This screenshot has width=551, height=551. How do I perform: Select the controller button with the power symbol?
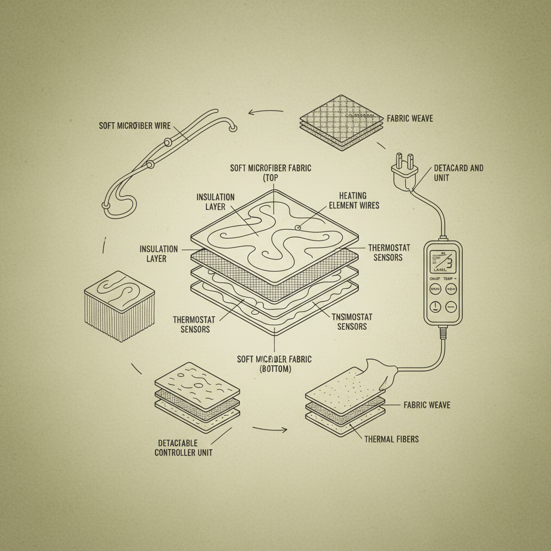(x=435, y=307)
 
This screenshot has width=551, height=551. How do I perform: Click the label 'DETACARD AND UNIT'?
(x=458, y=173)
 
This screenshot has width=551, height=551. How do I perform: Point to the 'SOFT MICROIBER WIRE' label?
(x=135, y=126)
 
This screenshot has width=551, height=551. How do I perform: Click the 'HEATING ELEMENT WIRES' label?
(x=359, y=200)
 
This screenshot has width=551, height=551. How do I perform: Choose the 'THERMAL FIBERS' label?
(x=391, y=439)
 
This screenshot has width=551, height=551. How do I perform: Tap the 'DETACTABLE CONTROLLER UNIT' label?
(x=183, y=447)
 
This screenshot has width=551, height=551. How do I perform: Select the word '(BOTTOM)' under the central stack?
(x=275, y=369)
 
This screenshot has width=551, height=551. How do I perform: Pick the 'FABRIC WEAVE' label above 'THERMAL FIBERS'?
(x=427, y=405)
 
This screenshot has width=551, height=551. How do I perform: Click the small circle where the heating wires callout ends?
(x=297, y=228)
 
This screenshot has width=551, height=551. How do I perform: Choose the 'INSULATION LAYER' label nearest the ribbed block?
(x=159, y=253)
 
